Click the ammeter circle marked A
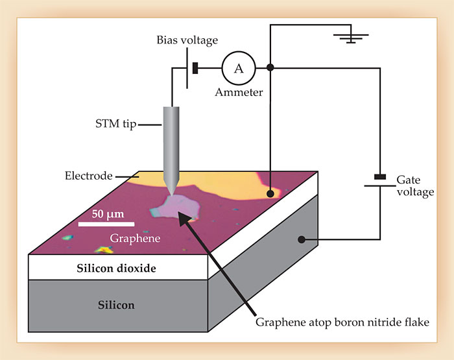(239, 67)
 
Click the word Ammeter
(239, 92)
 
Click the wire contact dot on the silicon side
(302, 240)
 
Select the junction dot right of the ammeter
(270, 67)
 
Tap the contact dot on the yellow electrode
(270, 193)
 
